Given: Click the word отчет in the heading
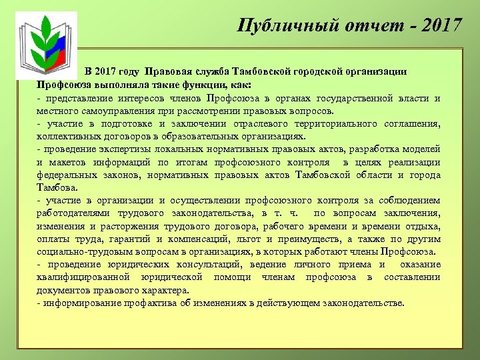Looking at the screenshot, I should pos(361,25).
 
